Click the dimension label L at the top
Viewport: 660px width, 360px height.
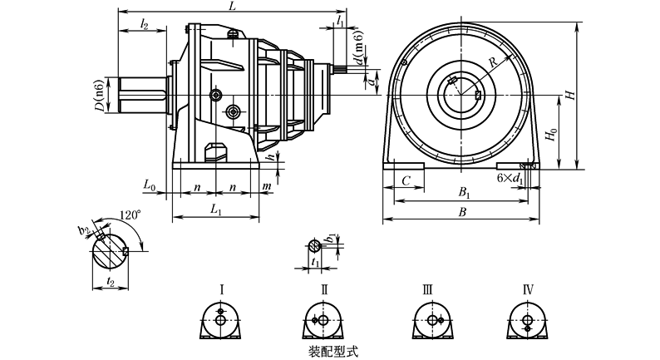click(x=232, y=7)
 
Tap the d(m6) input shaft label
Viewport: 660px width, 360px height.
click(x=357, y=52)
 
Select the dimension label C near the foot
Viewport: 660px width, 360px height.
click(x=406, y=180)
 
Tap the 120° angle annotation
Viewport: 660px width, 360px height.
click(x=129, y=215)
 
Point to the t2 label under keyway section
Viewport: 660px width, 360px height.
click(x=111, y=283)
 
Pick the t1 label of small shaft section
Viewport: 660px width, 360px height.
click(x=313, y=262)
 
